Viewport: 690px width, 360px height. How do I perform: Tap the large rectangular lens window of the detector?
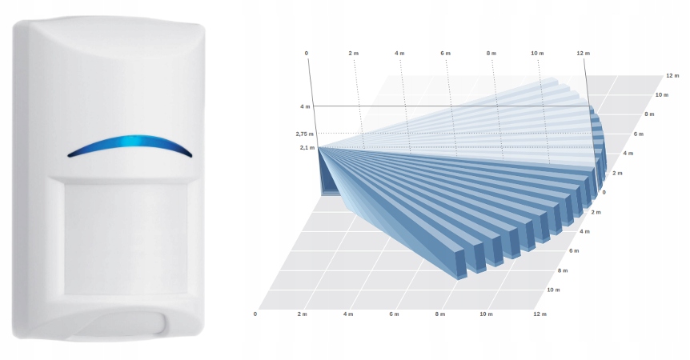126,238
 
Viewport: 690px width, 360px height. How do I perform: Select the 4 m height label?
305,106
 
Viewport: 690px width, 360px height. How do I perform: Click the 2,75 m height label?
304,134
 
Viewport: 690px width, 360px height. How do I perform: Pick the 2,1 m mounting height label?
307,148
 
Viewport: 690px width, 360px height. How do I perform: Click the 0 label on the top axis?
307,53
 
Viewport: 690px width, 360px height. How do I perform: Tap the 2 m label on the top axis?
353,53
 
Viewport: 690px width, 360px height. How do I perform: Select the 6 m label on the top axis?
445,53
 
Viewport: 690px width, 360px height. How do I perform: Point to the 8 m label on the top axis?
491,53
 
